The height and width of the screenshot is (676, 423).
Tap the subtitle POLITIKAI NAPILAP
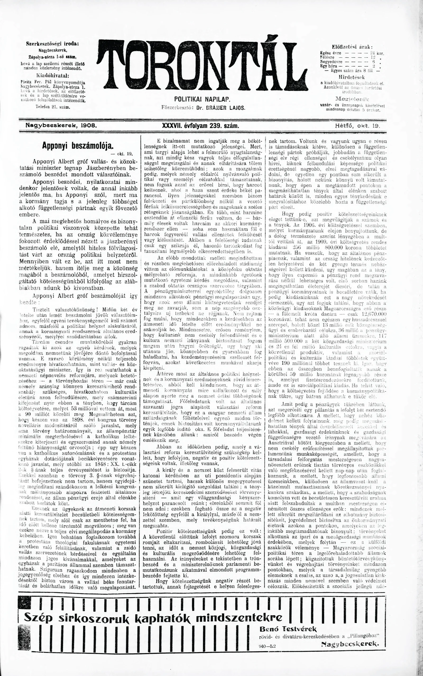(202, 99)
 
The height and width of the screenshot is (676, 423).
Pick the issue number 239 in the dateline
(219, 126)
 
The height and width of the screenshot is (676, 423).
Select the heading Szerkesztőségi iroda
(52, 44)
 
